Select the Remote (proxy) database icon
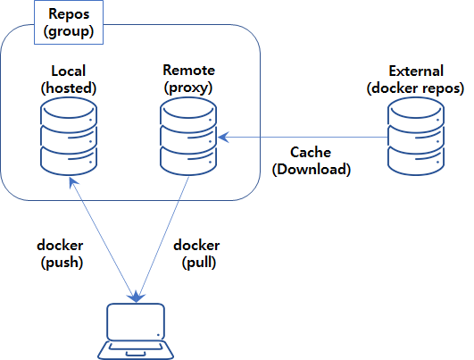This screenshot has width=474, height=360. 188,137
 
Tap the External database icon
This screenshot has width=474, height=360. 415,137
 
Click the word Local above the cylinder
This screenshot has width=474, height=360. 69,71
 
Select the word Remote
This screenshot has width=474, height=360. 188,69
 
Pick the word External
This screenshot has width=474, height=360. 415,70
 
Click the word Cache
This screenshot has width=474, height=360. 312,152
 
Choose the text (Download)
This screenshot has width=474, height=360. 312,169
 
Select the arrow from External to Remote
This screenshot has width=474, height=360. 304,137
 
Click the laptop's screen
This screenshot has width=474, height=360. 136,321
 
